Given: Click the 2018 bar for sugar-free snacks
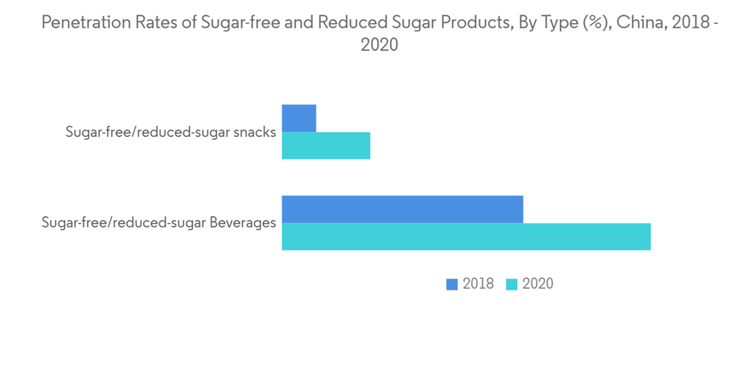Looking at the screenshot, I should click(299, 118).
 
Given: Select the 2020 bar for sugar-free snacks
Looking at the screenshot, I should click(326, 146).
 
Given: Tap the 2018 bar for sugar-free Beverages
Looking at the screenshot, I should click(402, 209).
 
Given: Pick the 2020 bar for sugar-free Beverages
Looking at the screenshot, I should click(466, 237).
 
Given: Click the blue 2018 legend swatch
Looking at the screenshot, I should click(452, 284).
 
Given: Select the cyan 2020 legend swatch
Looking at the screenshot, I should click(512, 284).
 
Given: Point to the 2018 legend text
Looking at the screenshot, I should click(478, 284).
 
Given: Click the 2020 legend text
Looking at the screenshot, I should click(538, 284).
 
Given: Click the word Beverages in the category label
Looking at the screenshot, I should click(243, 223).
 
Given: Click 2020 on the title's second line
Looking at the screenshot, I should click(379, 45).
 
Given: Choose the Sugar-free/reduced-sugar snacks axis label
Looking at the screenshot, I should click(171, 133).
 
